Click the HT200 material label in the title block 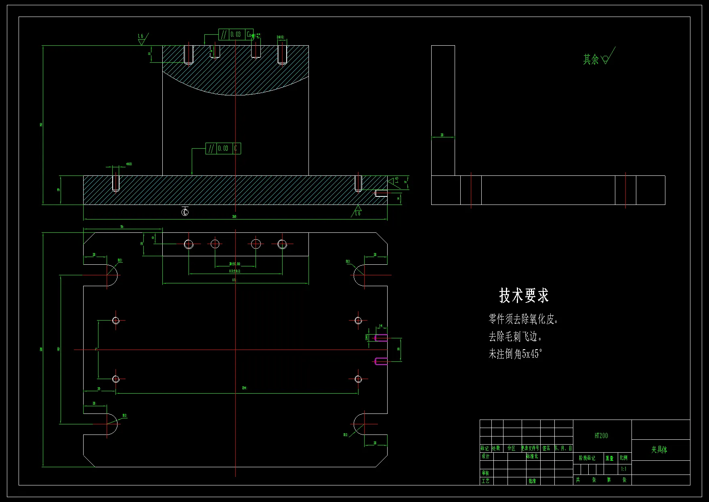[601, 436]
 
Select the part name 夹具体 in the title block [659, 449]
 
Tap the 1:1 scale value [624, 469]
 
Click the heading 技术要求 [524, 295]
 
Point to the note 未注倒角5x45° [515, 354]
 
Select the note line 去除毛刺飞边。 [515, 336]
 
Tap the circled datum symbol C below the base [185, 212]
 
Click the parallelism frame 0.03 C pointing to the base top [223, 148]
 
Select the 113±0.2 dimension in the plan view [235, 271]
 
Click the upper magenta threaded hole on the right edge [381, 338]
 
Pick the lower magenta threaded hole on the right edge [381, 361]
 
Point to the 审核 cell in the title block [485, 473]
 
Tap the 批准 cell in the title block [532, 481]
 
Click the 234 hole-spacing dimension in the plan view [244, 388]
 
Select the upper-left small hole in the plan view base [116, 321]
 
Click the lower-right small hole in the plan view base [358, 379]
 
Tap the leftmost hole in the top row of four [189, 244]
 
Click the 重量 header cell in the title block [609, 458]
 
